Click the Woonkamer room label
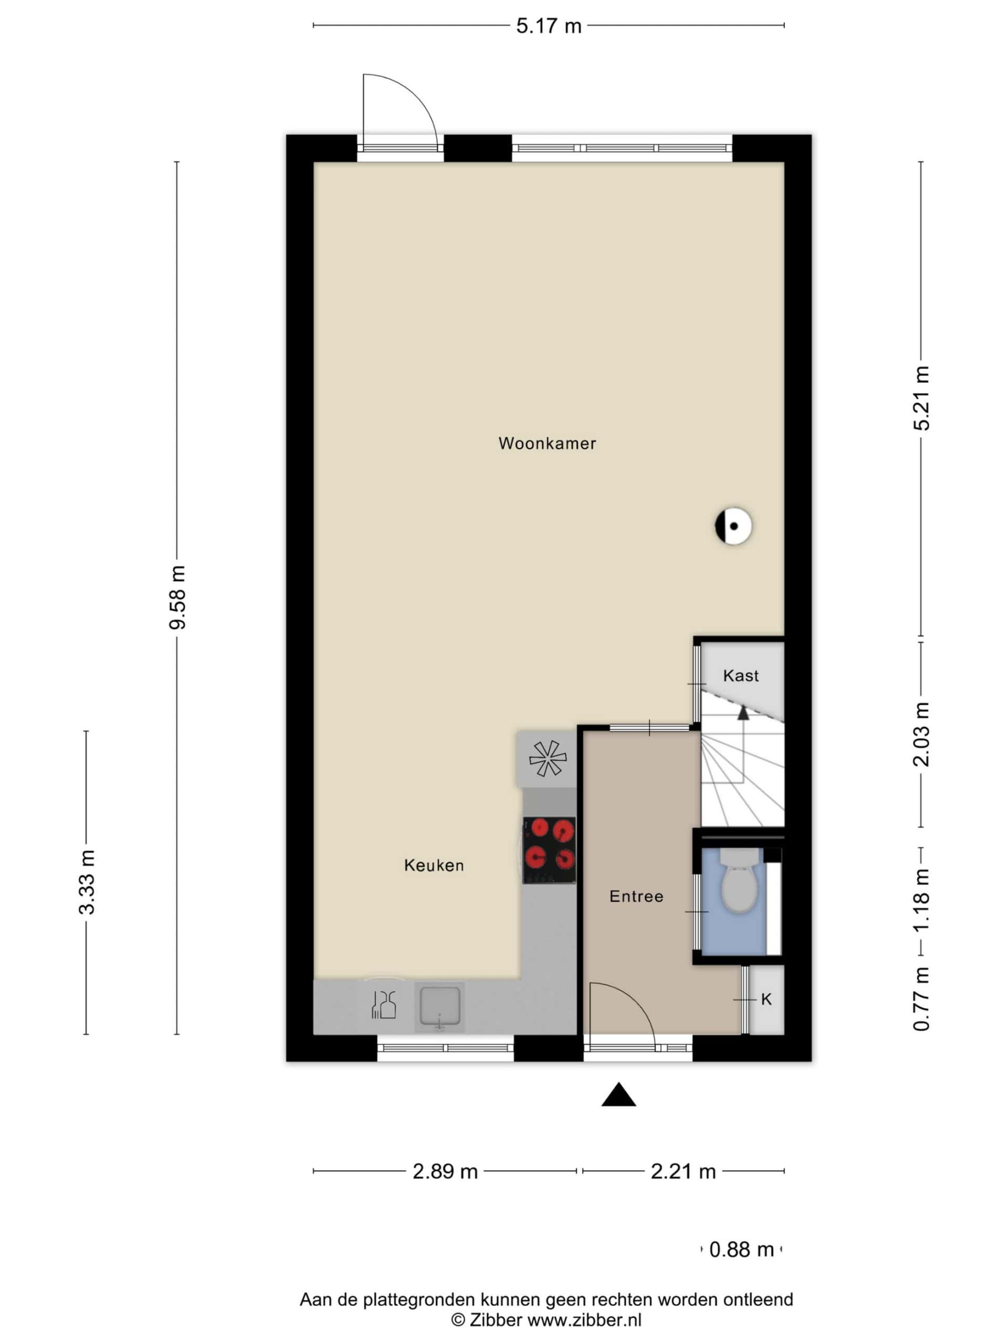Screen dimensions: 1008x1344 (547, 444)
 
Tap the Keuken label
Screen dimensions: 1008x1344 (434, 865)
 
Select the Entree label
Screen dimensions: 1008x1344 (636, 896)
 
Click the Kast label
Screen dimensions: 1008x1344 (741, 676)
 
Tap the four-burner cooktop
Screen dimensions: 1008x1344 (549, 849)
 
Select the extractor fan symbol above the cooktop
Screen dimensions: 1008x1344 (547, 758)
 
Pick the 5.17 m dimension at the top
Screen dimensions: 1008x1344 (549, 26)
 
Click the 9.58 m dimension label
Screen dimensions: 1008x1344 (177, 597)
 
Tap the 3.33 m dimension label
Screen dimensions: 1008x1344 (87, 882)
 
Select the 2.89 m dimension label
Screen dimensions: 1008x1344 (445, 1171)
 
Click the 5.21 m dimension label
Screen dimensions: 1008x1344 (922, 398)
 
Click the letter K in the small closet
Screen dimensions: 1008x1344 (766, 1000)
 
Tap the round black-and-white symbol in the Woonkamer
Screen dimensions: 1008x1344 (733, 526)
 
